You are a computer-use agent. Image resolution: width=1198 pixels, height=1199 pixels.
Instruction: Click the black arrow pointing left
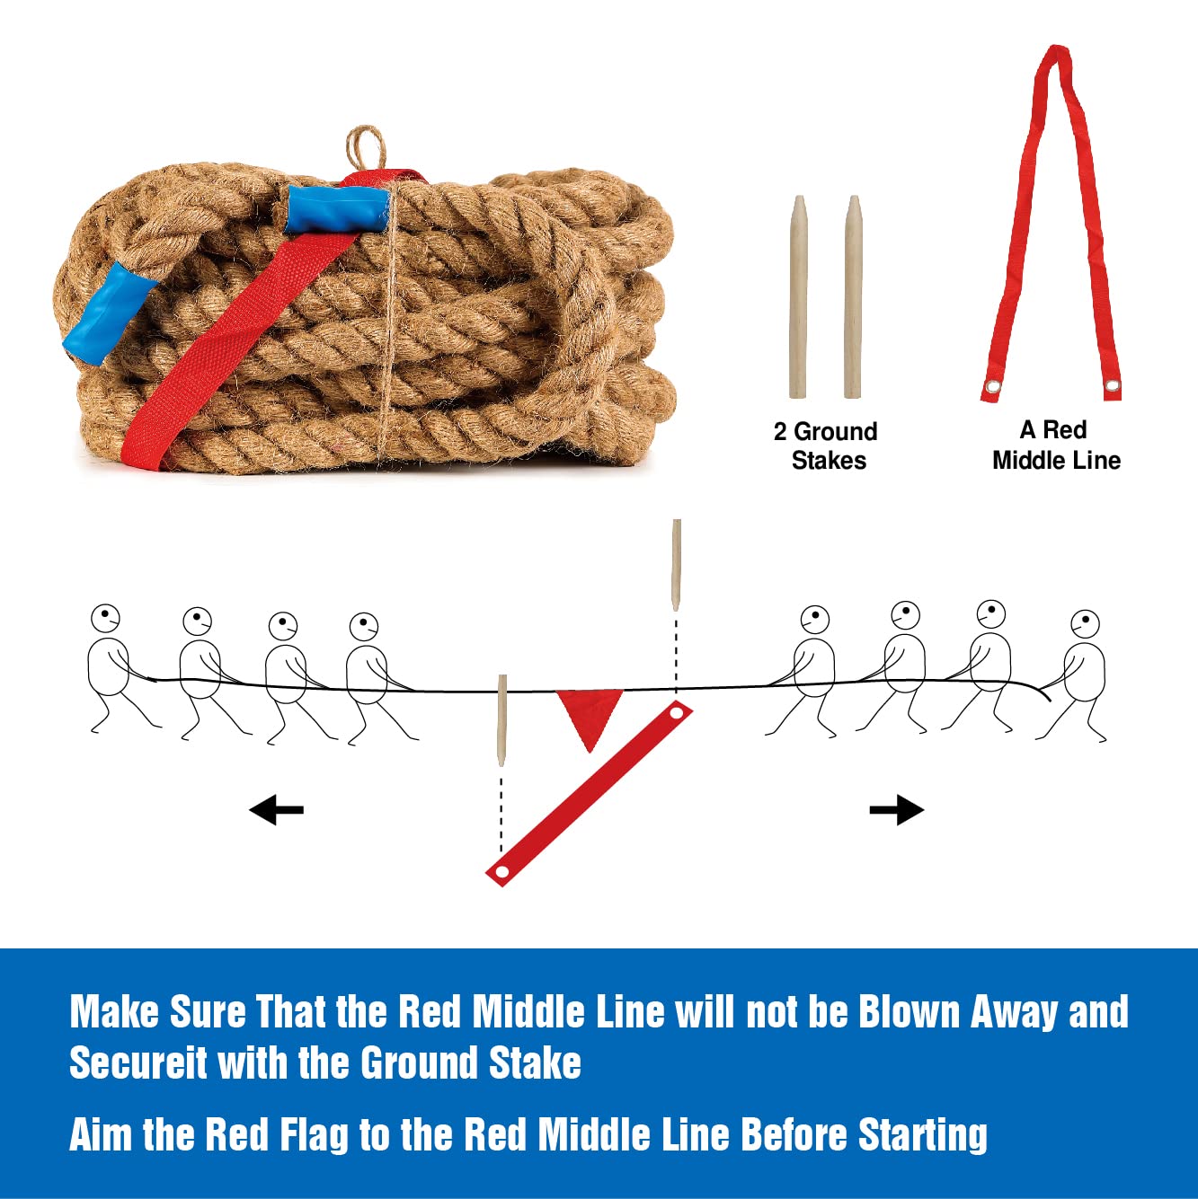click(276, 809)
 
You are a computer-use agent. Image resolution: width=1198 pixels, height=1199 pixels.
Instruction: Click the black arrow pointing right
click(897, 809)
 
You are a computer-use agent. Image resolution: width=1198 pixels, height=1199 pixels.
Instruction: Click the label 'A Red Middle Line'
click(1056, 445)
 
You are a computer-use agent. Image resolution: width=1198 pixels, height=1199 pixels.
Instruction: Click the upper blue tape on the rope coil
click(337, 209)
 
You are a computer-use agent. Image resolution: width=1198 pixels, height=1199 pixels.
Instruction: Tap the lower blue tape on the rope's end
click(109, 313)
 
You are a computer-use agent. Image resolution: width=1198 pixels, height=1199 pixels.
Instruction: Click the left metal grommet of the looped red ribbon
click(992, 387)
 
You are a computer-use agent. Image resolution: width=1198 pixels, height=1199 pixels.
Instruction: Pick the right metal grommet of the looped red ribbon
click(1112, 385)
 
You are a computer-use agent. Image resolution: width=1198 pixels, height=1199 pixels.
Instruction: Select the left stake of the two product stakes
click(798, 297)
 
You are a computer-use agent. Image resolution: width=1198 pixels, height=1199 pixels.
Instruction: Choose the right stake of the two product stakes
click(853, 296)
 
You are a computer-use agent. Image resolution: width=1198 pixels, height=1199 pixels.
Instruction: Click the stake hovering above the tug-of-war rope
click(676, 565)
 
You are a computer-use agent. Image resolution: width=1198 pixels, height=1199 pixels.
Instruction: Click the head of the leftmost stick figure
click(105, 619)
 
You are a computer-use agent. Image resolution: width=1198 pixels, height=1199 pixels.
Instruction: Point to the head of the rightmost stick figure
click(1086, 625)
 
